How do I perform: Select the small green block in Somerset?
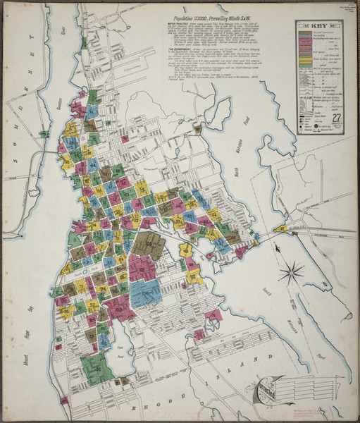pyautogui.click(x=83, y=42)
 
